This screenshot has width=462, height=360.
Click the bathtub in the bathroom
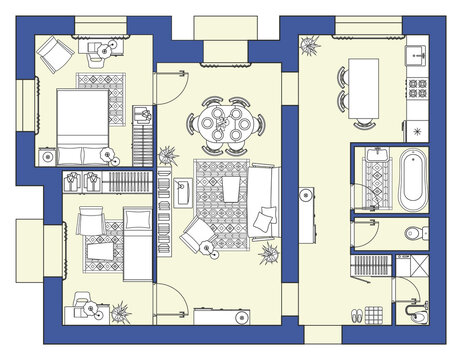point(412,179)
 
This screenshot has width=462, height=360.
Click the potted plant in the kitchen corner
point(308,43)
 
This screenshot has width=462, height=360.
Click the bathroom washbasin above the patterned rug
point(376,154)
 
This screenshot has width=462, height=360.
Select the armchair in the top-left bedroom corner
point(52,49)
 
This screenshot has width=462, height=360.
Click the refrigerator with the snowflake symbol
point(418,128)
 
